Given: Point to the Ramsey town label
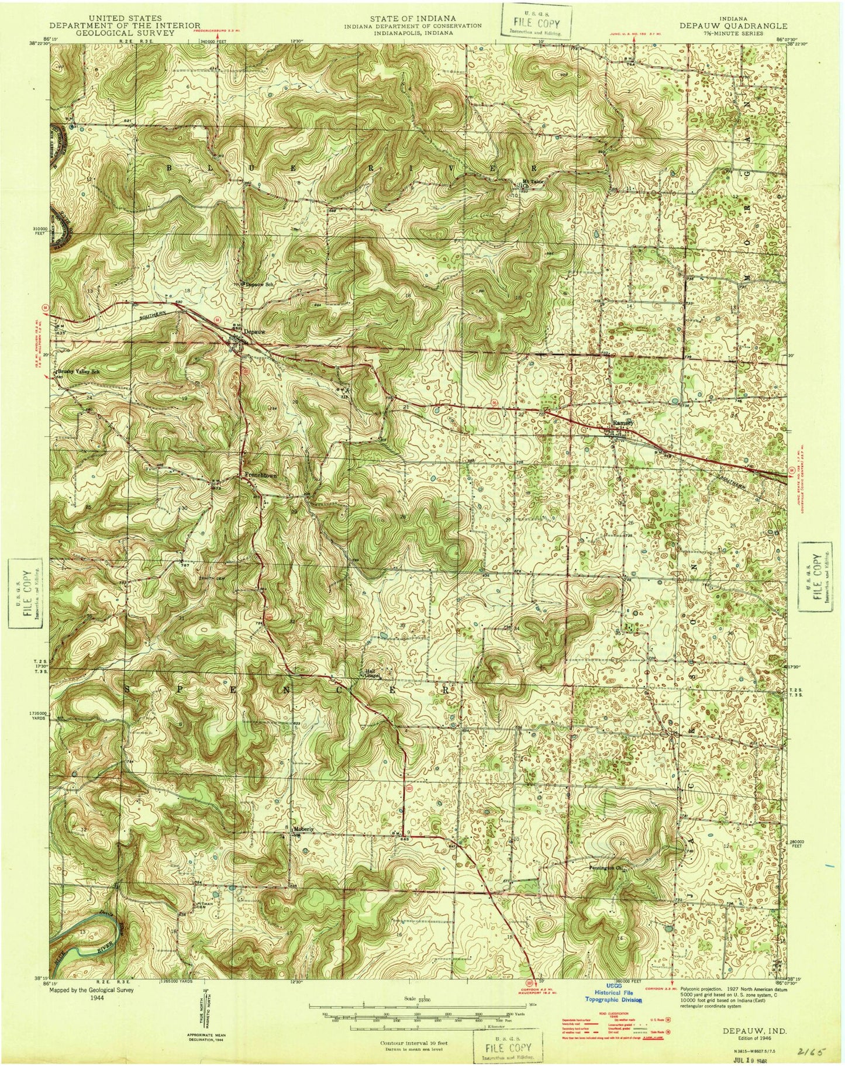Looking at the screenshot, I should pyautogui.click(x=620, y=422).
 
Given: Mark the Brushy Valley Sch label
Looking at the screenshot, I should pyautogui.click(x=76, y=371).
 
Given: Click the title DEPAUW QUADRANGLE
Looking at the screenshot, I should pyautogui.click(x=733, y=26).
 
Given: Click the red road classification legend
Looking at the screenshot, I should pyautogui.click(x=616, y=1027).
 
